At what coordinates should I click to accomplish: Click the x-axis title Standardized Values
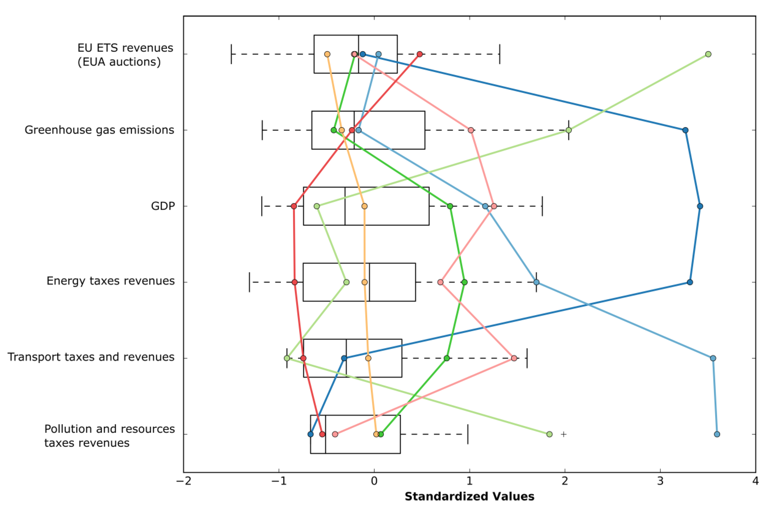coord(469,496)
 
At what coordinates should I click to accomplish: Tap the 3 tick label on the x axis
coord(660,481)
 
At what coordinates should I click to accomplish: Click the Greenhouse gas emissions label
coord(99,130)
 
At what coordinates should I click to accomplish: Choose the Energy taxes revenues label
coord(110,281)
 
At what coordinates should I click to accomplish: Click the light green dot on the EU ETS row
coord(708,54)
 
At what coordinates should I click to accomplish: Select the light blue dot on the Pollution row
coord(717,434)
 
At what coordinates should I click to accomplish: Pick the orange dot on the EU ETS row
coord(327,54)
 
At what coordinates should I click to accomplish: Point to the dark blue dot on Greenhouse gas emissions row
coord(685,130)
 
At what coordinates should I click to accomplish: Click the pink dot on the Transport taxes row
coord(514,358)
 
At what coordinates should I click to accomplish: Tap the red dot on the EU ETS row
coord(419,54)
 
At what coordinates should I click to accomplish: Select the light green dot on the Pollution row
coord(549,434)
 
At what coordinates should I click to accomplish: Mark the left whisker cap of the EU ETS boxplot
coord(231,54)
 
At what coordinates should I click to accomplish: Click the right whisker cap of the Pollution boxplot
coord(467,434)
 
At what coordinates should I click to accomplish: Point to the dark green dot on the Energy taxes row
coord(464,282)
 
